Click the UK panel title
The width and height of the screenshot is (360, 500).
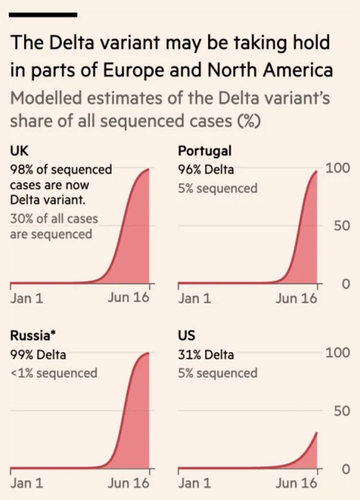[x=17, y=151]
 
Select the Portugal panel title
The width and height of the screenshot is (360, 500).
[x=205, y=151]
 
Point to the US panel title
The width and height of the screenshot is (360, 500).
[x=186, y=336]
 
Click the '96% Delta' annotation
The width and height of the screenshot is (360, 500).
[x=206, y=169]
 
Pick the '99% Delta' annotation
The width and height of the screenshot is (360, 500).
[x=38, y=354]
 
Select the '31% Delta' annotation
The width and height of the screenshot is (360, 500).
[x=206, y=354]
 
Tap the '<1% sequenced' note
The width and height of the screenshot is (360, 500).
[x=53, y=373]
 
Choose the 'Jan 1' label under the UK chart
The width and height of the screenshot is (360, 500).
[x=26, y=298]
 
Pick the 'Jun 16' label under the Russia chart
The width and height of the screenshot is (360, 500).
[x=128, y=483]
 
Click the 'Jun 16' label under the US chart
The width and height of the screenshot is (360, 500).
[x=296, y=483]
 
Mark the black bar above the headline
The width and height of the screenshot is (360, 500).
[x=43, y=15]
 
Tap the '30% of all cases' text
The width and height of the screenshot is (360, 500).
[x=54, y=218]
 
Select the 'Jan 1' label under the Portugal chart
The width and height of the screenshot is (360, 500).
[x=194, y=298]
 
